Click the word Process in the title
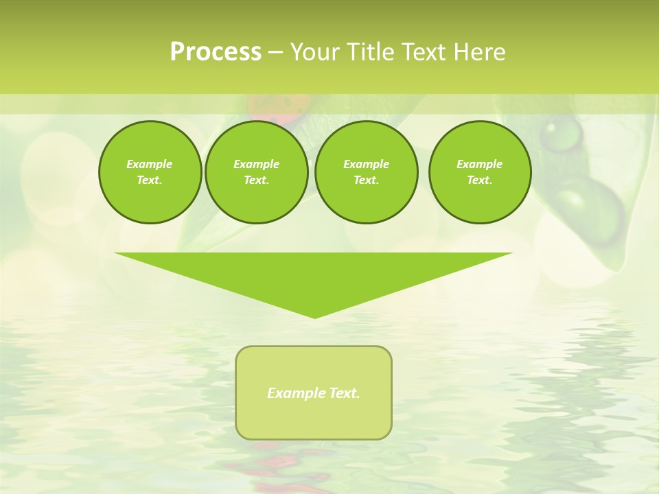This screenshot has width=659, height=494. (216, 52)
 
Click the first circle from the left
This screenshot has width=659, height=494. (150, 172)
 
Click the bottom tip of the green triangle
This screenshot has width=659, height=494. (315, 316)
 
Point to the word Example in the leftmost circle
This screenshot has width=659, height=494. (150, 164)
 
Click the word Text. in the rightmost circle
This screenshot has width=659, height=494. (480, 180)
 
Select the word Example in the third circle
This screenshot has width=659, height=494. (366, 164)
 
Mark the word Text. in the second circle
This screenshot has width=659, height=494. (256, 180)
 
